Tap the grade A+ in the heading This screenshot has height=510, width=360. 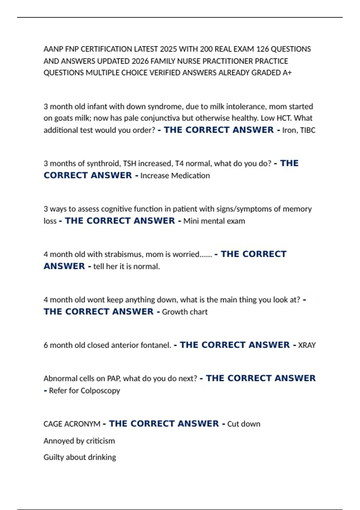pos(287,73)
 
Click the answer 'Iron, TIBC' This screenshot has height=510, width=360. pos(299,130)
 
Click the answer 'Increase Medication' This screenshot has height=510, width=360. pos(175,175)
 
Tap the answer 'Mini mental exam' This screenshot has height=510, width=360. pos(214,221)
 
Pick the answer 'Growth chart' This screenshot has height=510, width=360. pos(185,312)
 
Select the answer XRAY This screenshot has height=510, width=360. pos(307,345)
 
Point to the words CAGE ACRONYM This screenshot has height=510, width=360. pos(72,424)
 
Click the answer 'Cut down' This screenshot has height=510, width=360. pos(244,424)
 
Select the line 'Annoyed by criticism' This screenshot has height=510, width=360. pos(79,441)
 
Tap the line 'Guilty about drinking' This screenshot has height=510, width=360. pos(80,457)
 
